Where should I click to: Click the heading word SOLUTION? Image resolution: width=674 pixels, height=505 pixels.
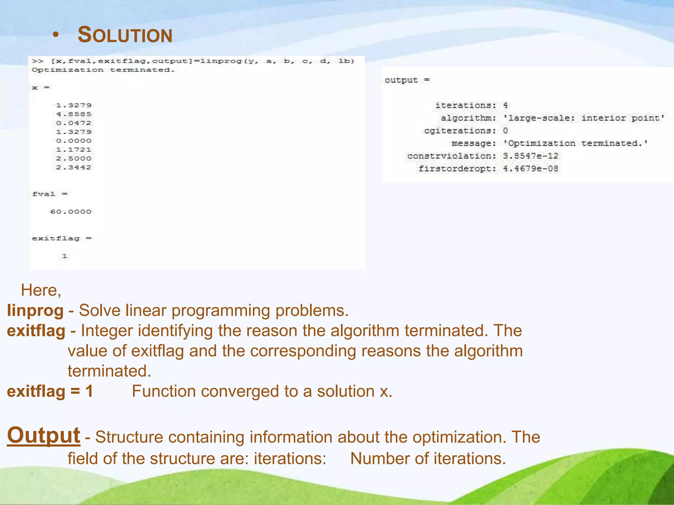click(x=125, y=35)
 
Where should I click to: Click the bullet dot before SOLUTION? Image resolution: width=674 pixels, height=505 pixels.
click(x=56, y=35)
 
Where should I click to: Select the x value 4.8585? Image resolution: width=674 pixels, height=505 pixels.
click(x=74, y=114)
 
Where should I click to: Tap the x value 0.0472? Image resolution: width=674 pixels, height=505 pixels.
click(x=74, y=123)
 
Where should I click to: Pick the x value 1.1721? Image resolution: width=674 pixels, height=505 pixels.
click(x=74, y=150)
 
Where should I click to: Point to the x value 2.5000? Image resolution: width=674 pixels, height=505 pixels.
click(x=74, y=158)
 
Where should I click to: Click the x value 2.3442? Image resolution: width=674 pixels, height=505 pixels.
click(x=74, y=167)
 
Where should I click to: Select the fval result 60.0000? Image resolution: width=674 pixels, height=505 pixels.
click(x=71, y=212)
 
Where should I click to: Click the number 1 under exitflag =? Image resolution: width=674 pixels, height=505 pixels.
click(x=65, y=256)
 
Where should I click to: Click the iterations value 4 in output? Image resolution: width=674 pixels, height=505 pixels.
click(x=505, y=105)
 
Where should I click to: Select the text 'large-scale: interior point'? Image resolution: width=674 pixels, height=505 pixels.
click(x=583, y=118)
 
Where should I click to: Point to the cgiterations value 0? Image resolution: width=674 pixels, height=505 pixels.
click(x=505, y=131)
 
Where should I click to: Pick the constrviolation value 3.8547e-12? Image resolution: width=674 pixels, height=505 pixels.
click(x=530, y=156)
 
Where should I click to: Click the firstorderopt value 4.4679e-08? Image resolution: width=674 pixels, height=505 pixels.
click(x=530, y=169)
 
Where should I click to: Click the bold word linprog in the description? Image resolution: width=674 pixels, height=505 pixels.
click(x=35, y=310)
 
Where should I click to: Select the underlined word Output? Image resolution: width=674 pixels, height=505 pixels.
click(x=44, y=435)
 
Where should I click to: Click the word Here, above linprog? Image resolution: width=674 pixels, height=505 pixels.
click(x=41, y=290)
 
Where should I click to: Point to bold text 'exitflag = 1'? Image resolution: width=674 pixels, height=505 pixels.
click(x=50, y=391)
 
